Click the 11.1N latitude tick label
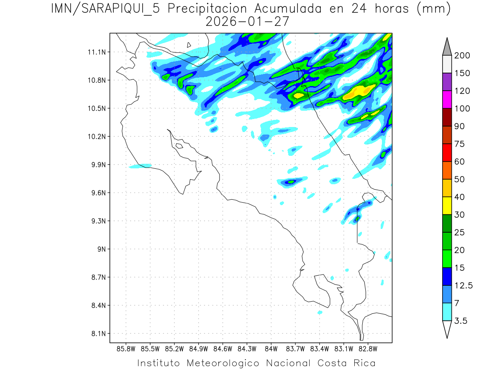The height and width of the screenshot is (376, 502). [97, 52]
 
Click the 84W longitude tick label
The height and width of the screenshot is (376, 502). [271, 348]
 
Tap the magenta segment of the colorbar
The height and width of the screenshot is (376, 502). [447, 99]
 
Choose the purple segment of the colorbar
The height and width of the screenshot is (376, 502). [447, 82]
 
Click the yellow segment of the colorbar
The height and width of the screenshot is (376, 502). [447, 206]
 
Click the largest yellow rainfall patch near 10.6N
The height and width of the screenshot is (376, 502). [358, 92]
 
